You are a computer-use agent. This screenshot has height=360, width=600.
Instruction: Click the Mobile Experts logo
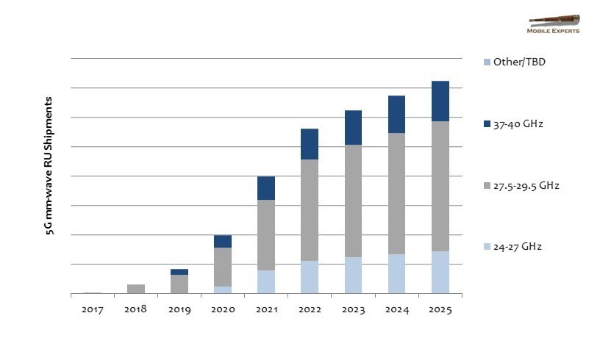click(x=553, y=24)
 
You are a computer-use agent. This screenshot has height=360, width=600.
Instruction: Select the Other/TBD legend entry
click(x=519, y=62)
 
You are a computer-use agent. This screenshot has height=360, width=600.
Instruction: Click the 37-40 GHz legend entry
click(x=518, y=124)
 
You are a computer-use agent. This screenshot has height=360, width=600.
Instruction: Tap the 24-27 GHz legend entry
click(x=518, y=247)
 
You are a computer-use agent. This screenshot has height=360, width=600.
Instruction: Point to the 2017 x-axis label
click(x=92, y=310)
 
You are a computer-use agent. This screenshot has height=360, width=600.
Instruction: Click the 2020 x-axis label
click(x=223, y=310)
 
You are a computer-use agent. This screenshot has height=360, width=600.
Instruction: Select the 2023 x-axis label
click(x=353, y=310)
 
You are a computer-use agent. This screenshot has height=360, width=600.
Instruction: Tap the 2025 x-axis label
click(x=440, y=310)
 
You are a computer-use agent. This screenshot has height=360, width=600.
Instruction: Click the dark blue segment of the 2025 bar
click(x=440, y=101)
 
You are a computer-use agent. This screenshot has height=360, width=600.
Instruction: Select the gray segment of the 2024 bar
click(x=396, y=193)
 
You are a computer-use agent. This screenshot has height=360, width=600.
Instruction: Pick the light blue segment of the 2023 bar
click(x=353, y=276)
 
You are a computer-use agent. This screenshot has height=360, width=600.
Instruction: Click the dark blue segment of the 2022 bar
click(x=310, y=144)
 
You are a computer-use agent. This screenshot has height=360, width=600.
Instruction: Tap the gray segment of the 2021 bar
click(x=266, y=235)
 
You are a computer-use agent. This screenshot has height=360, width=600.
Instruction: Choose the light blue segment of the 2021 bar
click(x=266, y=282)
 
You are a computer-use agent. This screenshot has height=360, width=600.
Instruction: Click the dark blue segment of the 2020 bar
click(x=223, y=241)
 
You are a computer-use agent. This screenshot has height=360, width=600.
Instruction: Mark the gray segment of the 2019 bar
click(x=179, y=284)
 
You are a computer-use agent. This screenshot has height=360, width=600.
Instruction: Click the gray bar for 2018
click(x=136, y=289)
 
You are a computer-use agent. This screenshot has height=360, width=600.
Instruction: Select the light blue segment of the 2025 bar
click(x=440, y=273)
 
